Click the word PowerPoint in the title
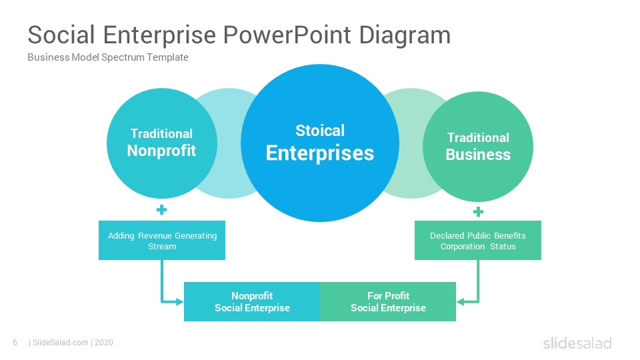coord(287,35)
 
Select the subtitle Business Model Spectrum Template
coord(108,57)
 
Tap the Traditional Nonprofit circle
coord(161,143)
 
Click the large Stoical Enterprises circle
coord(320,143)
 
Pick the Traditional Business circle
coord(478,147)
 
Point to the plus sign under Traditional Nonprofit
coord(161,210)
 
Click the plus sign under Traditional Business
coord(479,212)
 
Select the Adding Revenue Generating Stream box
coord(161,241)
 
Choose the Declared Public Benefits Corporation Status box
coord(478,241)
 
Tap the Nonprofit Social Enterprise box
coord(252,301)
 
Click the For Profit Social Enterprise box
coord(388,301)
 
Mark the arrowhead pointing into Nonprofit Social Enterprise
coord(179,302)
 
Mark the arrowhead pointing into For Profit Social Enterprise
coord(461,302)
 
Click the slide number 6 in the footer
coord(15,343)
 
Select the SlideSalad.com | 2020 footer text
coord(71,343)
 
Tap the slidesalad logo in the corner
coord(577,343)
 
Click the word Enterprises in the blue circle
coord(320,153)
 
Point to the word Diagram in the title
coord(405,36)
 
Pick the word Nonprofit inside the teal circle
coord(161,151)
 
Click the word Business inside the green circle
coord(478,155)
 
